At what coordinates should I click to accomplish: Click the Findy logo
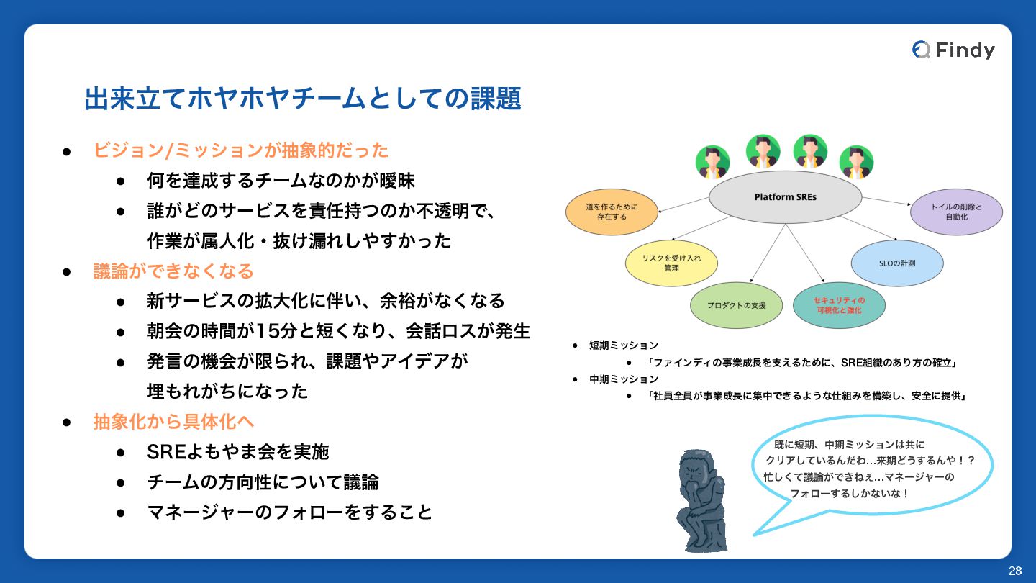(x=953, y=50)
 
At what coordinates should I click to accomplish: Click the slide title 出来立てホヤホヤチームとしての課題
(x=302, y=99)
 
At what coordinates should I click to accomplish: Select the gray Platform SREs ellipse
(x=785, y=196)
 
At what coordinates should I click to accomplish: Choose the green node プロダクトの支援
(x=736, y=305)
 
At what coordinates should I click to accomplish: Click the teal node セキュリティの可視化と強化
(x=838, y=305)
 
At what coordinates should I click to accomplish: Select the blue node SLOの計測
(x=896, y=263)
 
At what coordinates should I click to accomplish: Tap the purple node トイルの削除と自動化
(x=956, y=212)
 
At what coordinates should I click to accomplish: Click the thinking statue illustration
(x=701, y=501)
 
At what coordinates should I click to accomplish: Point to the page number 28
(x=1015, y=571)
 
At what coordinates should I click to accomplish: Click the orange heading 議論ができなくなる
(x=173, y=271)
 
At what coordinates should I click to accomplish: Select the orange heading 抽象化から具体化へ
(x=173, y=422)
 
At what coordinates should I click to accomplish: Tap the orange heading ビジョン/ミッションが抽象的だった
(x=241, y=150)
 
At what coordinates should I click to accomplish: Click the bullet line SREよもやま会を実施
(x=237, y=452)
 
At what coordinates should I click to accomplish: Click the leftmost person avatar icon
(x=712, y=162)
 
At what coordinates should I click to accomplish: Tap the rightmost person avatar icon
(x=856, y=162)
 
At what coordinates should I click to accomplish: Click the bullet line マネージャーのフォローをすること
(x=289, y=512)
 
